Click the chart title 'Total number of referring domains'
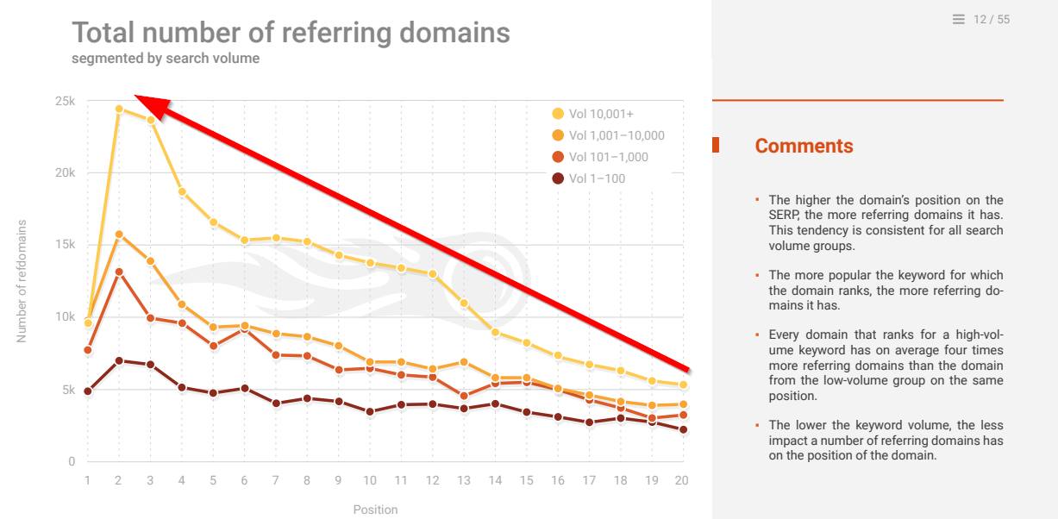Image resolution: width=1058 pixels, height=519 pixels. pos(291,33)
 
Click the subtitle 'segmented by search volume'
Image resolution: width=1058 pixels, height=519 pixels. pos(166,59)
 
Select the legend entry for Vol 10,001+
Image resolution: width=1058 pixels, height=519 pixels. pos(594,114)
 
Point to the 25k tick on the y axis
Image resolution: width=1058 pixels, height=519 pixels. pos(65,101)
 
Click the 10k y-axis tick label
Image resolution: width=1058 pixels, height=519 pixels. pos(65,317)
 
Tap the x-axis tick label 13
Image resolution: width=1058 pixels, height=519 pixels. pos(464,480)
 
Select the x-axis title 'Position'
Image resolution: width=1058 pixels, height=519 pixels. pos(375,510)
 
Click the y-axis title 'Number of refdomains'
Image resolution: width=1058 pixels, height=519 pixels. pos(22,281)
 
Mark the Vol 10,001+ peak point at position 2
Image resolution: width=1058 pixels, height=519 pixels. pos(119,109)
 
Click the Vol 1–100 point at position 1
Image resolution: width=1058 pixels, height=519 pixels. pos(87,391)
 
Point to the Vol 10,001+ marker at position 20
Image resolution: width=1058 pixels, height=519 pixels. pos(683,385)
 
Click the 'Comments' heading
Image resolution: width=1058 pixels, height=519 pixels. pos(804,147)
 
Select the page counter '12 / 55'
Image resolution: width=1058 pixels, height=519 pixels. pos(992,19)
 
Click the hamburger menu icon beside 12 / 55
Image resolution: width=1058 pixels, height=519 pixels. pos(959,19)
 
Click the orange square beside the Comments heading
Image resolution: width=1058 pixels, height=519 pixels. pos(716,146)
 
